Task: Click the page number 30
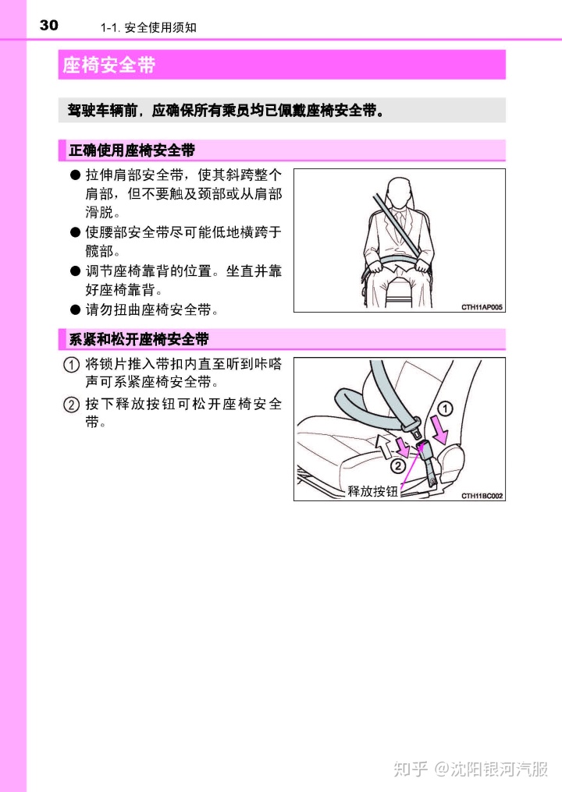coord(48,25)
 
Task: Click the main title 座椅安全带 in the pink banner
coord(108,65)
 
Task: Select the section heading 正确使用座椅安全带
coord(132,150)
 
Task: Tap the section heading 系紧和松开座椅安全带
coord(139,339)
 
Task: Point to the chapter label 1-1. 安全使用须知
coord(148,27)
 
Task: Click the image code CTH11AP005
coord(482,307)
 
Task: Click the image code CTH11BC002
coord(482,496)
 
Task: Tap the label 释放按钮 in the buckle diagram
coord(373,491)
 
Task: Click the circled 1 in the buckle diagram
coord(445,408)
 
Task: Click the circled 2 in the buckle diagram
coord(399,465)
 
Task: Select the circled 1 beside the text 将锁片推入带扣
coord(71,364)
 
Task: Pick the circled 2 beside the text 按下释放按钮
coord(71,405)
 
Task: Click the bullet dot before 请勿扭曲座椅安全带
coord(76,309)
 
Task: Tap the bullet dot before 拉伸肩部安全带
coord(76,175)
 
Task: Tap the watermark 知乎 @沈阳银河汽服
coord(471,769)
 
